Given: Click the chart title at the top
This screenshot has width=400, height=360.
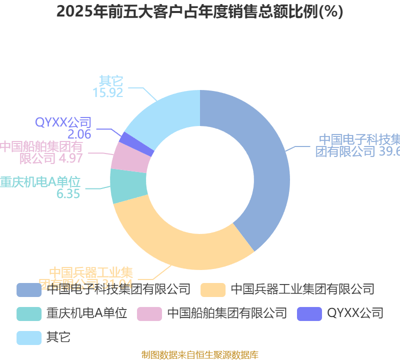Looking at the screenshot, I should click(x=200, y=12).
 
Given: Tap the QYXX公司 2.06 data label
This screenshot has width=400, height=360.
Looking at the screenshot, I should click(x=63, y=128).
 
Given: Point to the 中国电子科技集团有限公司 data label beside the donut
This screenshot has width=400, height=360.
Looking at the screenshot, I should click(x=358, y=145).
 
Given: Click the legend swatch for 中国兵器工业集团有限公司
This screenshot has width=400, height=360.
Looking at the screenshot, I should click(x=213, y=289).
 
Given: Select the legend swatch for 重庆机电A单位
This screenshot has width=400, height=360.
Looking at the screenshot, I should click(x=29, y=314).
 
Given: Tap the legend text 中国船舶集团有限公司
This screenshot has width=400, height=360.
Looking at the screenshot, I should click(x=227, y=313).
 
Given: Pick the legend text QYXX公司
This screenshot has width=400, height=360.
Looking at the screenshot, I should click(x=355, y=313).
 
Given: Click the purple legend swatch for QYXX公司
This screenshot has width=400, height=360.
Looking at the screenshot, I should click(x=309, y=314).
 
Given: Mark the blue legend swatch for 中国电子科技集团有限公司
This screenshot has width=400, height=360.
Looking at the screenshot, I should click(x=29, y=289).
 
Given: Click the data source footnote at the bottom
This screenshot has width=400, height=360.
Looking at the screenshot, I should click(x=200, y=354).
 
